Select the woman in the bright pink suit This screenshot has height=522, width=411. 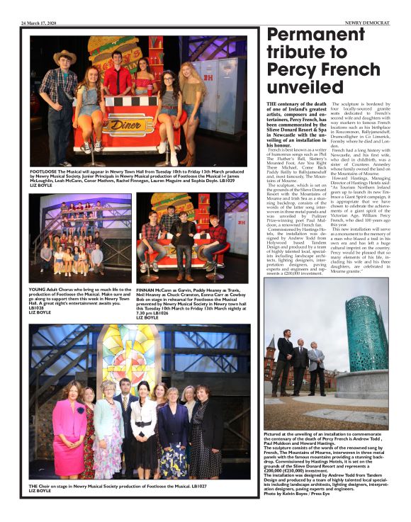coord(72,425)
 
